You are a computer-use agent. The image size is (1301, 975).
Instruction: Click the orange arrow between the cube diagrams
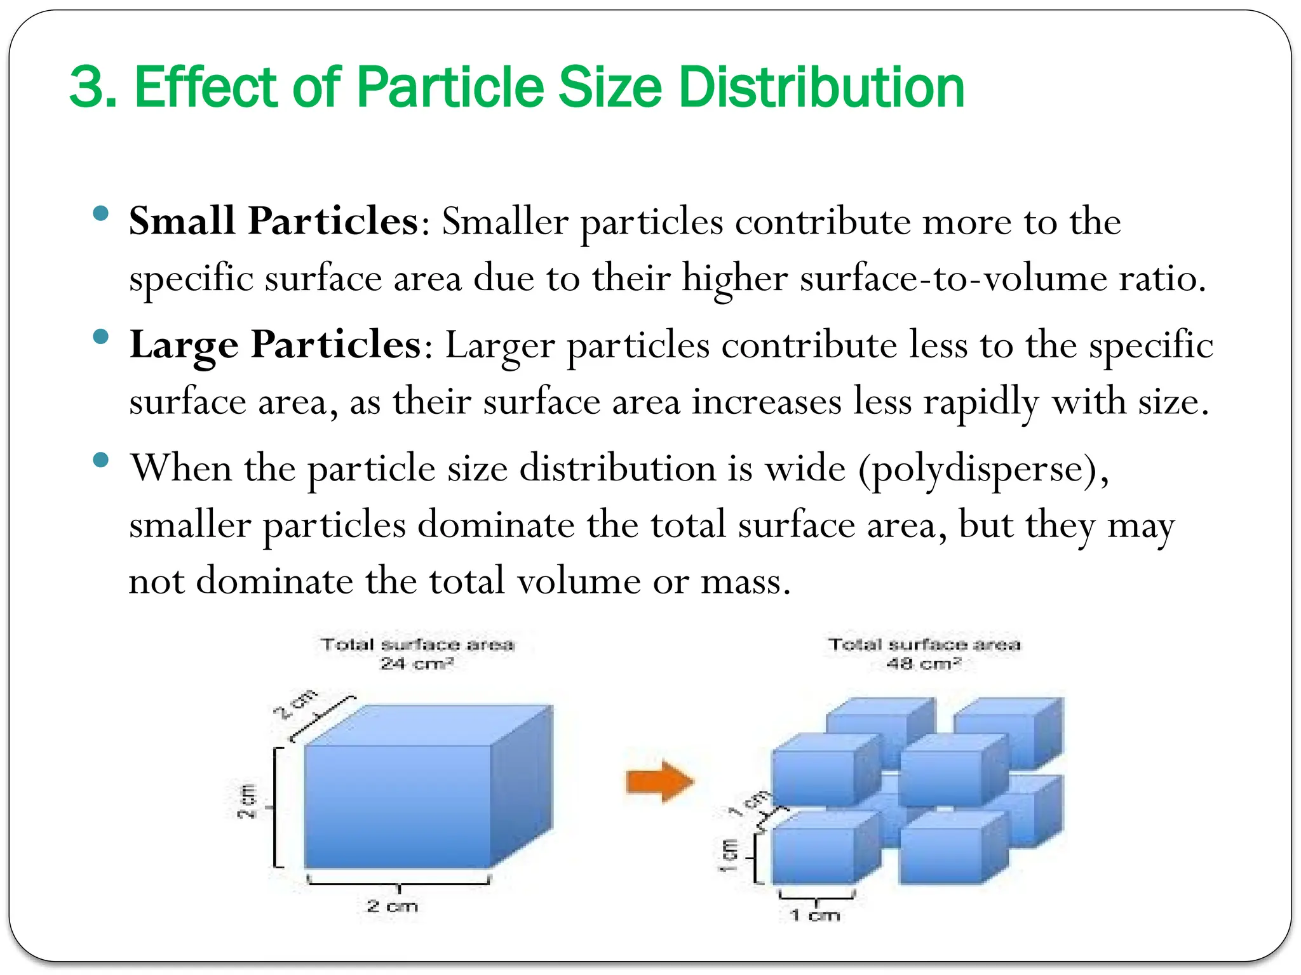click(x=659, y=781)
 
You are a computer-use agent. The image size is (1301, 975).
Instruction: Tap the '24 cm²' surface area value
click(x=417, y=664)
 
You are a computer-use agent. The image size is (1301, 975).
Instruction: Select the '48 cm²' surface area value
click(x=924, y=664)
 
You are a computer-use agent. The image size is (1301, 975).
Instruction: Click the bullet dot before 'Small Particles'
click(x=100, y=213)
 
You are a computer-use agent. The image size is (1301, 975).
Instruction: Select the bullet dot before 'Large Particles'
click(x=100, y=336)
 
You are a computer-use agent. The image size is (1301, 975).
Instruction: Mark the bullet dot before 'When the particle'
click(x=100, y=460)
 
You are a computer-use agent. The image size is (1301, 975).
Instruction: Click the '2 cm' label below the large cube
click(x=393, y=906)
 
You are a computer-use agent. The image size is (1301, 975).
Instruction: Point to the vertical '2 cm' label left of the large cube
click(x=247, y=801)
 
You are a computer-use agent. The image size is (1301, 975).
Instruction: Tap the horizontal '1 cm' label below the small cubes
click(x=815, y=915)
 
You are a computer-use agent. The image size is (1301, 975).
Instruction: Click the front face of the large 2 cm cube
click(x=398, y=806)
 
